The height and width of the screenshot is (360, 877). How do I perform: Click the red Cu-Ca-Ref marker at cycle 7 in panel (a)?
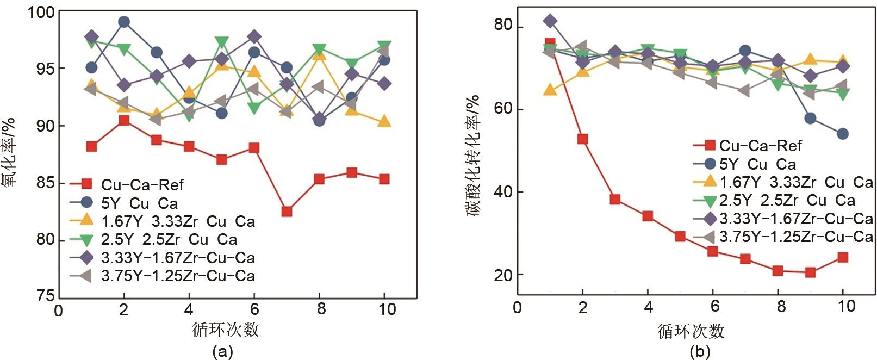coord(287,212)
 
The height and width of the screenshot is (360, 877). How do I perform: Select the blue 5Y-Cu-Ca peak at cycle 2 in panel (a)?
coord(124,22)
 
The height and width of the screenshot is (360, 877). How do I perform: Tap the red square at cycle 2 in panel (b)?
coord(582,139)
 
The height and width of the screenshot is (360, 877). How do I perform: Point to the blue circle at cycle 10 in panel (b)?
coord(843,134)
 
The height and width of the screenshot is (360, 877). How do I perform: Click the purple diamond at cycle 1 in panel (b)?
coord(550,21)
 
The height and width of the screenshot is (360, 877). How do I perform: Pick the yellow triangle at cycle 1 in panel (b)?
coord(550,89)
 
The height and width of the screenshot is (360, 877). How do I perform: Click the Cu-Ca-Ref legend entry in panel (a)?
coord(142,185)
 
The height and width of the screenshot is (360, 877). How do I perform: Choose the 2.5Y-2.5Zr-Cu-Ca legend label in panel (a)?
coord(169,240)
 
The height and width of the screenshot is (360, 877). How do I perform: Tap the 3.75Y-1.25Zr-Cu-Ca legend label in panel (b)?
coord(796,237)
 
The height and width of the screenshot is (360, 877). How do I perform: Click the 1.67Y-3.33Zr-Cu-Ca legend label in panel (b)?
coord(796,182)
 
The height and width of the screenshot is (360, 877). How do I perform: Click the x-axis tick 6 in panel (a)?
coord(254,309)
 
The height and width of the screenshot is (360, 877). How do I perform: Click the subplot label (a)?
coord(222,351)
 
